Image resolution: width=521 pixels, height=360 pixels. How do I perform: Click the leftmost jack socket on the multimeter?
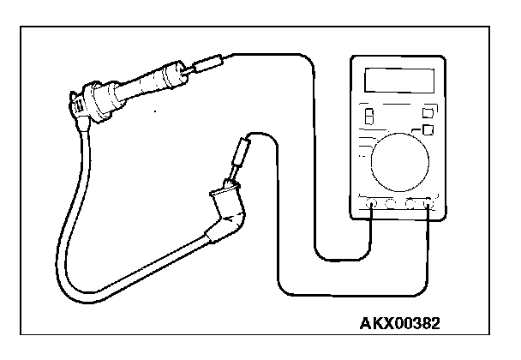370,204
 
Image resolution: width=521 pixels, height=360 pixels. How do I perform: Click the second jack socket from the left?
390,204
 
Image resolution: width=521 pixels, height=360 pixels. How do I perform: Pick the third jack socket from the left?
410,204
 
